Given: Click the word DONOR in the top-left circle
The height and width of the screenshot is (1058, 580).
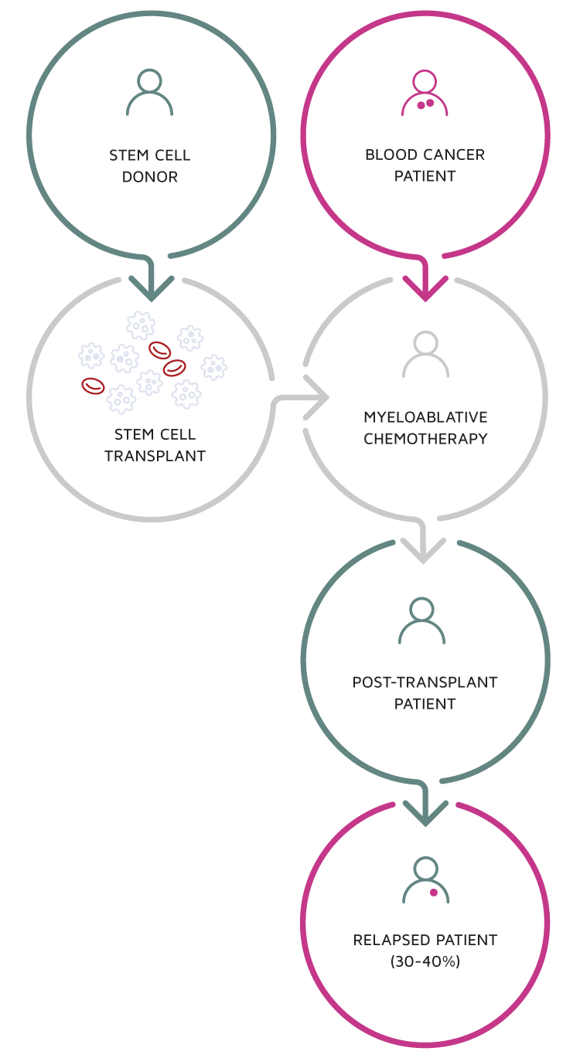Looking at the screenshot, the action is (x=150, y=177).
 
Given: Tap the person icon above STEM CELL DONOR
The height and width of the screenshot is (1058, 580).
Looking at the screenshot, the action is (x=149, y=93).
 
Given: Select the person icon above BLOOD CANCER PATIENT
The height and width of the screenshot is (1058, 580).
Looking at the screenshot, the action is (x=425, y=93).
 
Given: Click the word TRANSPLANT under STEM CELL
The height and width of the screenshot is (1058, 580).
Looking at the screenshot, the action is (x=155, y=456).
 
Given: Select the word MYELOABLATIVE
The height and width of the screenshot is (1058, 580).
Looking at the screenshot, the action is (x=425, y=417).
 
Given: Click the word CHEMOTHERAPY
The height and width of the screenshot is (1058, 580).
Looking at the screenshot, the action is (x=425, y=439).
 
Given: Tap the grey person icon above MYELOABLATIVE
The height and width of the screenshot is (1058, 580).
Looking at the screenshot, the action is (x=425, y=354).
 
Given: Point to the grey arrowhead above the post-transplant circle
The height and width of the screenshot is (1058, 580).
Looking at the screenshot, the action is (x=424, y=551).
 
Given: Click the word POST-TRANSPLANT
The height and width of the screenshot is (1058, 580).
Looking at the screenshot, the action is (x=425, y=682).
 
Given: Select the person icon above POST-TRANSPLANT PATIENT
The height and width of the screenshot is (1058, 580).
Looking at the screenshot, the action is (x=421, y=621).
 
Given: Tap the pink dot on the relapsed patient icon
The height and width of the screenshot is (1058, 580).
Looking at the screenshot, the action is (x=433, y=893).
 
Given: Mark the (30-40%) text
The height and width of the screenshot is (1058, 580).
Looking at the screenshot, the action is (x=425, y=962).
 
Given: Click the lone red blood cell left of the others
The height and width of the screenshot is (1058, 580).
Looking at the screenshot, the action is (x=93, y=386).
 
